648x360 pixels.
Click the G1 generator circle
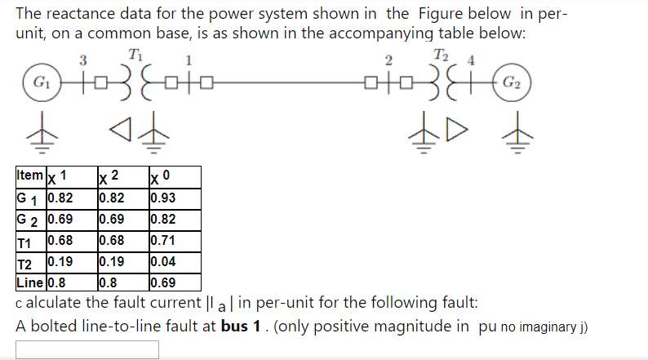(x=38, y=83)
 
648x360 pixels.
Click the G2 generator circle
(x=513, y=83)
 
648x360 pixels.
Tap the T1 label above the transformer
(x=135, y=56)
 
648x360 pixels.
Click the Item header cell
(x=30, y=176)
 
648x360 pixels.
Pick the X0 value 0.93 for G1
(x=163, y=197)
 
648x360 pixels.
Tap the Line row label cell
(x=30, y=284)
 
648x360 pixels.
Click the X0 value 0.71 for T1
(x=163, y=241)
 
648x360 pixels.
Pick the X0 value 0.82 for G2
(x=163, y=219)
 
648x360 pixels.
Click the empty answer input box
(x=87, y=349)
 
